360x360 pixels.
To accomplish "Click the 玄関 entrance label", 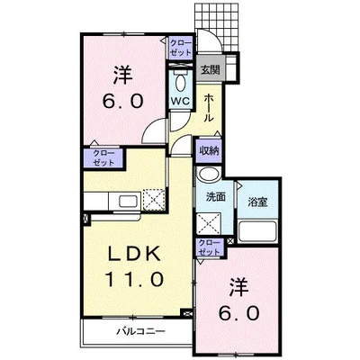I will [x=210, y=69].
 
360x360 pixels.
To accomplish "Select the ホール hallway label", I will [x=209, y=107].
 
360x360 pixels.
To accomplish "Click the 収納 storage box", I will [x=209, y=149].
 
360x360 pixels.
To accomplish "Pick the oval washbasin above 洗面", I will [x=209, y=175].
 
